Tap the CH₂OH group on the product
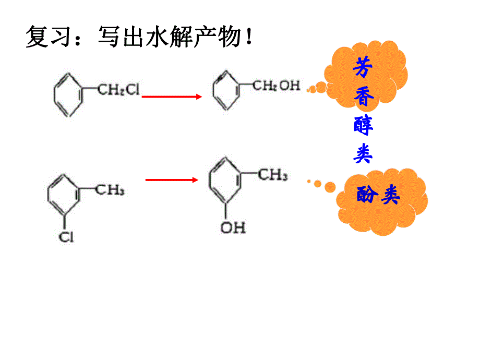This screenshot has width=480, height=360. point(277,86)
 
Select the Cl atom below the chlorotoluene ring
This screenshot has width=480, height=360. point(66,237)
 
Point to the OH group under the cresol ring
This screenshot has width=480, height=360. point(233,227)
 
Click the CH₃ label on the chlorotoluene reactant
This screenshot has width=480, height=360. point(110,189)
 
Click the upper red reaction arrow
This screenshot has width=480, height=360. point(172,97)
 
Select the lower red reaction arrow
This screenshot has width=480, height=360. point(172,180)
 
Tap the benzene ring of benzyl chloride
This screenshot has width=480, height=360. point(68,94)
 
